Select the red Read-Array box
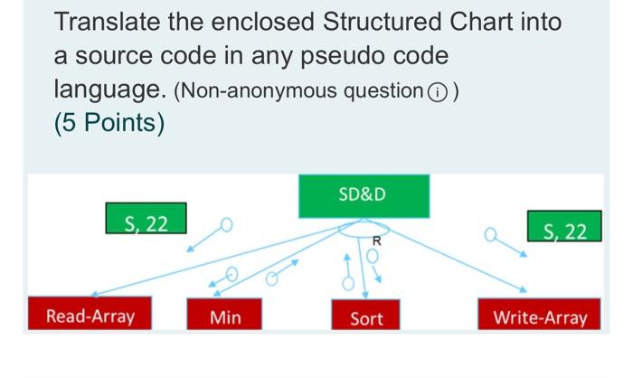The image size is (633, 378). click(x=90, y=317)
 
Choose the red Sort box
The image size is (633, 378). click(x=365, y=317)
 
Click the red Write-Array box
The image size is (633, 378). click(x=539, y=317)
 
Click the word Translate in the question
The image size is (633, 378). click(x=107, y=22)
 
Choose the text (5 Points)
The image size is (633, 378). click(x=109, y=122)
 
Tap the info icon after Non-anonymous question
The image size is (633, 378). click(x=437, y=91)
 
